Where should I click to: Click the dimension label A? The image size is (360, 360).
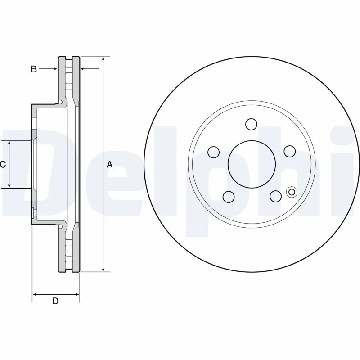tap(109, 165)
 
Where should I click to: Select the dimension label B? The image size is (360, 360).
tap(33, 69)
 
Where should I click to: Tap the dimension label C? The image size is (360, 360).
tap(3, 165)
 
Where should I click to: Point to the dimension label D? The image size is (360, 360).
tap(55, 301)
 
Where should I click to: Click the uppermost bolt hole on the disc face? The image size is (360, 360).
tap(251, 124)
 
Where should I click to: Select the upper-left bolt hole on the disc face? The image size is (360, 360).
tap(213, 152)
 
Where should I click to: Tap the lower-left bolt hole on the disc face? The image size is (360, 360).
tap(229, 197)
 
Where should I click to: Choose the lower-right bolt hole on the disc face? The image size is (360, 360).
tap(275, 196)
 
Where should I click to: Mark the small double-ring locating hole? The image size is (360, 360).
tap(291, 192)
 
